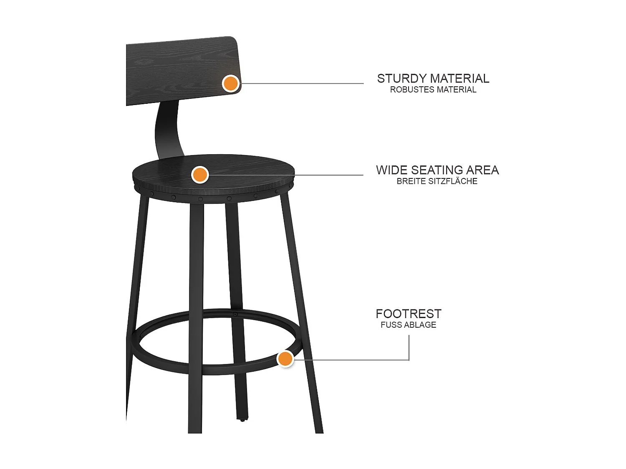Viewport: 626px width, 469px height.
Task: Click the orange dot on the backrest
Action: [230, 83]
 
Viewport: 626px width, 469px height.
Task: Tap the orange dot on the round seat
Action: [200, 175]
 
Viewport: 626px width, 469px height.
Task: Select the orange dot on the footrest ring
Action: [285, 359]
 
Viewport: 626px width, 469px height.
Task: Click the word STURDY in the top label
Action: [401, 78]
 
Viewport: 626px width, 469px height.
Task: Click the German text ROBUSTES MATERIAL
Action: [433, 90]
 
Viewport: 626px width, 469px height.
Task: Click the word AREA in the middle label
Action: [483, 170]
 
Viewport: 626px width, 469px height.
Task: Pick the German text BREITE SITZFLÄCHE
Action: [437, 181]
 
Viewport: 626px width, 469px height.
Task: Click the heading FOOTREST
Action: [408, 314]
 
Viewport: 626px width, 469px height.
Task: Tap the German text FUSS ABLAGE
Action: [408, 325]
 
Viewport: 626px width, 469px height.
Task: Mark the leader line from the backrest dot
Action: [300, 83]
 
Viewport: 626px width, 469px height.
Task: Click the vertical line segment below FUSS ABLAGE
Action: [409, 347]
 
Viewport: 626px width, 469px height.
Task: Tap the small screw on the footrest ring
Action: [235, 314]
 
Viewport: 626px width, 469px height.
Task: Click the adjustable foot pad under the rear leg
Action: [242, 420]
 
